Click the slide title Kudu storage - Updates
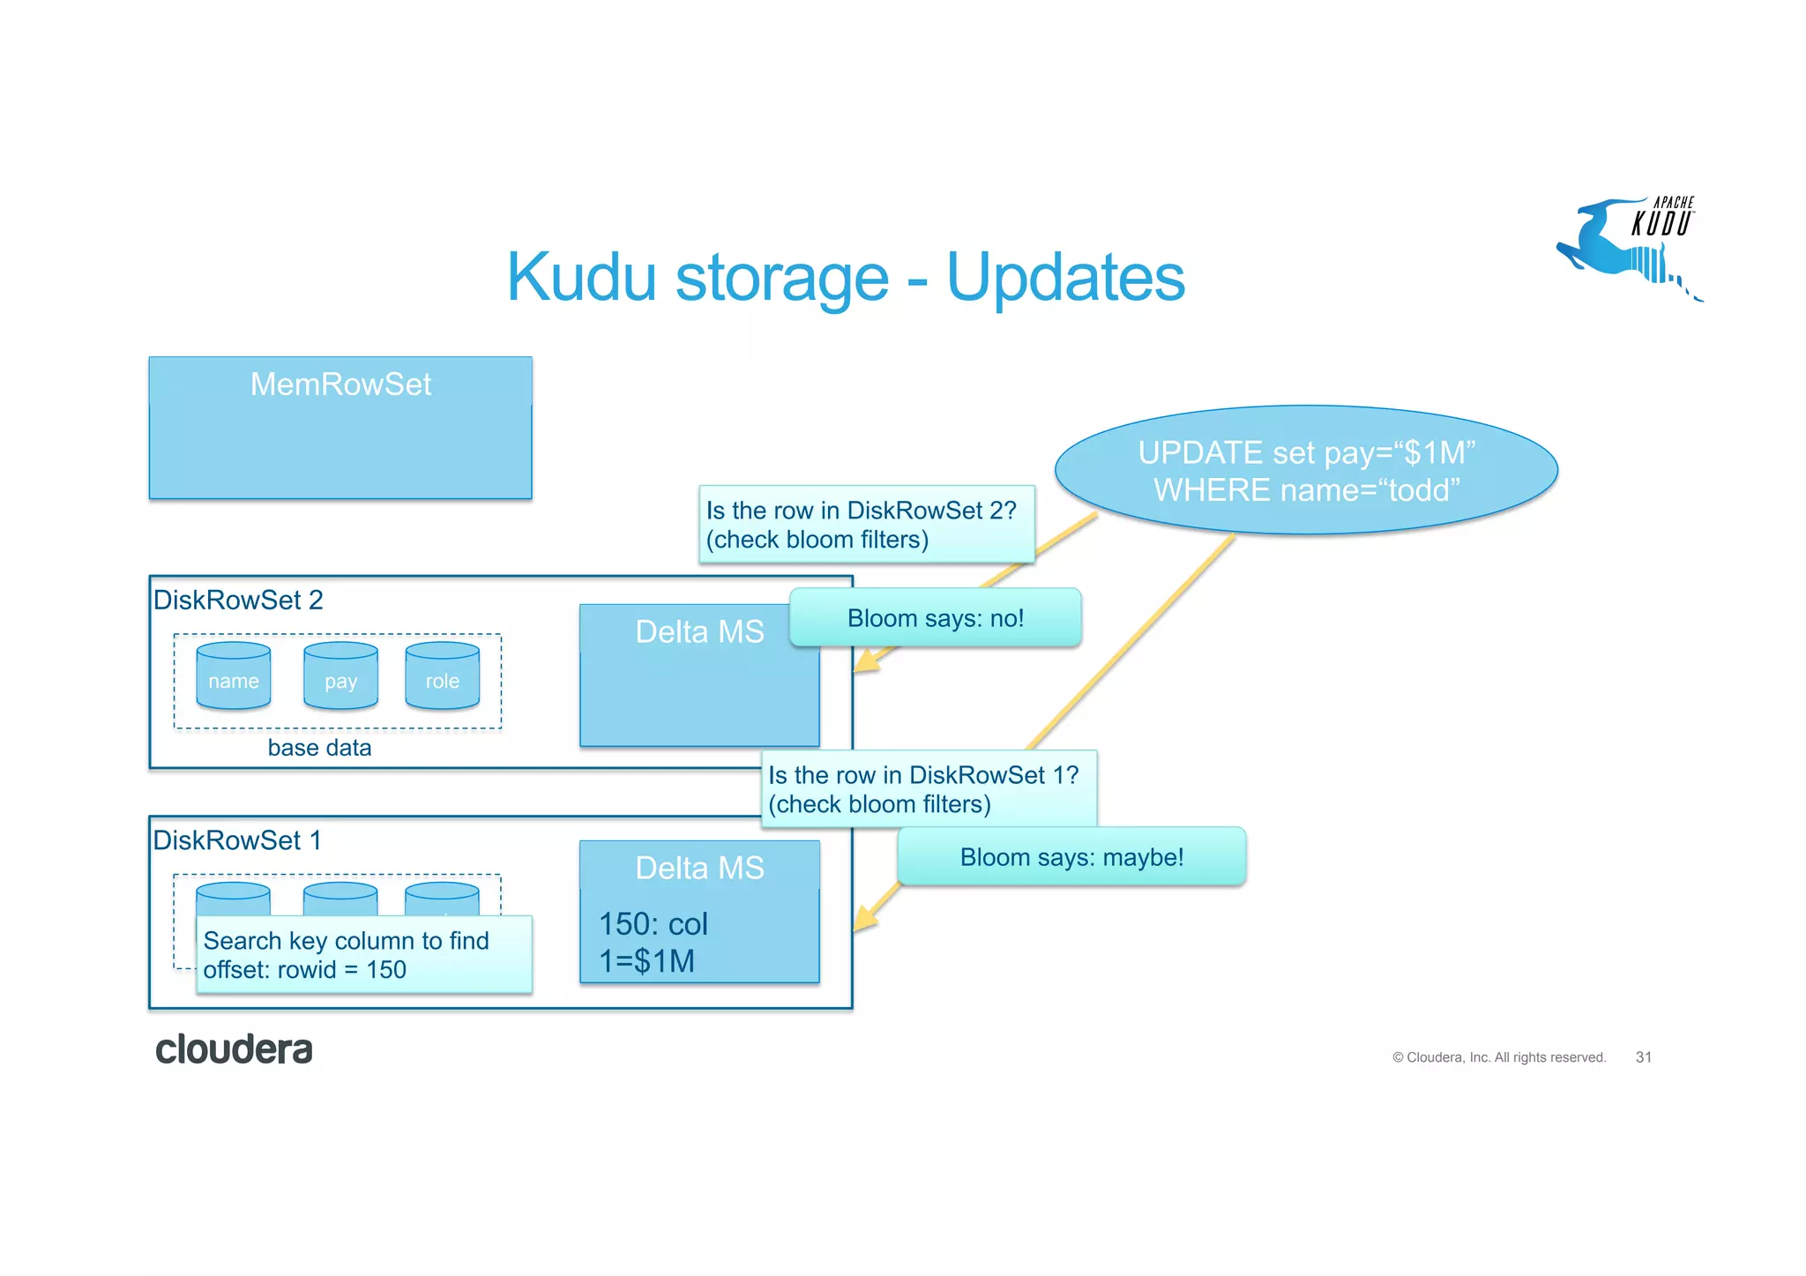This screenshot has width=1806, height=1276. tap(845, 277)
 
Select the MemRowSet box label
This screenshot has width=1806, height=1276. tap(340, 384)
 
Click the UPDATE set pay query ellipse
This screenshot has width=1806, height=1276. tap(1306, 471)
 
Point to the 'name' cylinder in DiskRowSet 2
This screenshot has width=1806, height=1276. tap(234, 677)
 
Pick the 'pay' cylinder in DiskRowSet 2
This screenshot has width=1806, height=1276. tap(340, 677)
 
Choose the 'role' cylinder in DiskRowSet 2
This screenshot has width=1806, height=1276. tap(442, 677)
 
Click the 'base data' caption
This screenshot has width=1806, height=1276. tap(319, 748)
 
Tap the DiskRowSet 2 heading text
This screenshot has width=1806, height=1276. tap(238, 601)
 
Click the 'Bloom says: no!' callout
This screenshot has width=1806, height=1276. tap(935, 618)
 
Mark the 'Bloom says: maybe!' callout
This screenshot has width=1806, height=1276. tap(1071, 857)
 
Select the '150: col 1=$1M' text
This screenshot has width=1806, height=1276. tap(653, 943)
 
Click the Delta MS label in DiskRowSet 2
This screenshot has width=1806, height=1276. tap(698, 632)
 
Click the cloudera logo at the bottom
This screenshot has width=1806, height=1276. tap(234, 1049)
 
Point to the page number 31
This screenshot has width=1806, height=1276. tap(1643, 1057)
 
